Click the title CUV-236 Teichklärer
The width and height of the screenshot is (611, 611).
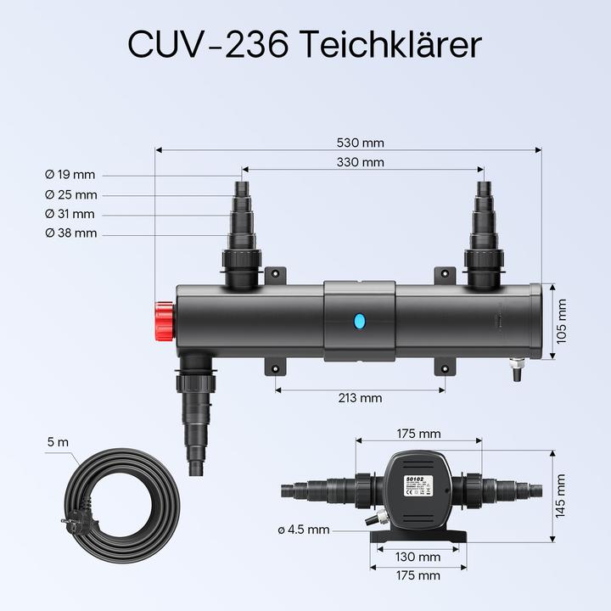point(305,45)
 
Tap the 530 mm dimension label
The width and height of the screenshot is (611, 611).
point(361,143)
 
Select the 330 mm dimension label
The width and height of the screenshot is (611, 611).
point(361,162)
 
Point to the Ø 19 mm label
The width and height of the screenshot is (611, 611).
point(70,175)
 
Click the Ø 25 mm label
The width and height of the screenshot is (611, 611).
point(70,195)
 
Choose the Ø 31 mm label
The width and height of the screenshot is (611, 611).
point(70,215)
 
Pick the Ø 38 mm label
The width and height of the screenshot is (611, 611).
point(70,233)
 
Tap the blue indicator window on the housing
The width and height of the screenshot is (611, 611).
point(359,321)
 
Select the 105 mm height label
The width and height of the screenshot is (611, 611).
point(561,322)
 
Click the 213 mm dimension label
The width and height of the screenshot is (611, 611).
point(360,397)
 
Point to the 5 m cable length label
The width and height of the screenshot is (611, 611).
point(58,442)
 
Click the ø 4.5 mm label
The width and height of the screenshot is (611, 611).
point(303,530)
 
